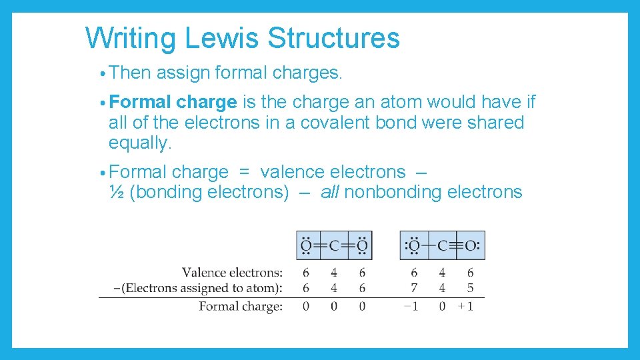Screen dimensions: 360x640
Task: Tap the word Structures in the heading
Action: [x=333, y=38]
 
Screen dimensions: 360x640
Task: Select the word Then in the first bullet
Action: [x=130, y=72]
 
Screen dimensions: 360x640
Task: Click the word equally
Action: [x=140, y=143]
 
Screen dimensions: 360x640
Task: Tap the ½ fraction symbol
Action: [x=116, y=192]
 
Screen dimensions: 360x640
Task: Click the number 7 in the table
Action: [x=414, y=288]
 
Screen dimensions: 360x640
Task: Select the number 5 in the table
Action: [x=470, y=288]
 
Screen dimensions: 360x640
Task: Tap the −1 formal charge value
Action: [x=412, y=307]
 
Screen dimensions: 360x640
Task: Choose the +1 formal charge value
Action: [x=466, y=307]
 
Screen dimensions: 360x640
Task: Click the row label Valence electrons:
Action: [x=232, y=272]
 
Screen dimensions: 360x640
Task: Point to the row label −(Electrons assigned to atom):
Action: [x=198, y=288]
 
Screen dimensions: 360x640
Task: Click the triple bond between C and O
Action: [x=456, y=246]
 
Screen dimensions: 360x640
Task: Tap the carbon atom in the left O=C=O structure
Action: [x=334, y=246]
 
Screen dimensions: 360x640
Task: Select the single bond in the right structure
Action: [x=428, y=246]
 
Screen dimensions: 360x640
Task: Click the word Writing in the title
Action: [x=131, y=38]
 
